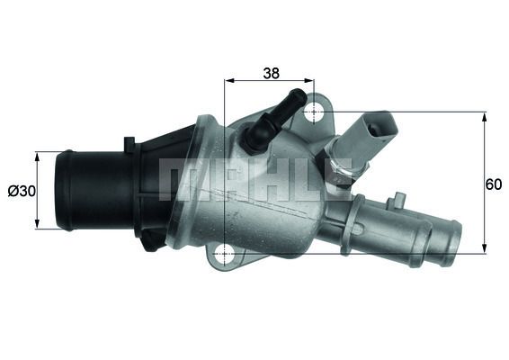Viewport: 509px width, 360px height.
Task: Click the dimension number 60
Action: pyautogui.click(x=493, y=184)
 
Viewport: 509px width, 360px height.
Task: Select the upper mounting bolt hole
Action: pyautogui.click(x=315, y=112)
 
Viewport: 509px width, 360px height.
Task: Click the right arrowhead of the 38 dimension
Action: pyautogui.click(x=310, y=80)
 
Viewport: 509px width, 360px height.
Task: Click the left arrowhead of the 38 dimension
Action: pyautogui.click(x=228, y=80)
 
